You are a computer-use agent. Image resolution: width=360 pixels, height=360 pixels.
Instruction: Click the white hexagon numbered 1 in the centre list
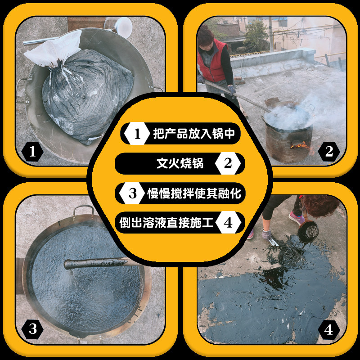coord(137,133)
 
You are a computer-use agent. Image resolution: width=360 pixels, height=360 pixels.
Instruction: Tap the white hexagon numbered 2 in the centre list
coord(228,163)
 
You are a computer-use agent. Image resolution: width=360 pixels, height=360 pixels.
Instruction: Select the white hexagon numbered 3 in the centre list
coord(132,193)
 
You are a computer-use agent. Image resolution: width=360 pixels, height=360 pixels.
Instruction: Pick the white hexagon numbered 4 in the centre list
coord(228,222)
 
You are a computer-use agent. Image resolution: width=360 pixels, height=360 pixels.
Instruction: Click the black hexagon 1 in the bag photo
coord(32,152)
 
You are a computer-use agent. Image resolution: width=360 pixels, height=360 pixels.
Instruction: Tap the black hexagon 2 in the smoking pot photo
coord(329,152)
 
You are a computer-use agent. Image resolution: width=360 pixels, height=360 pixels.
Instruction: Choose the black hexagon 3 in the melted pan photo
coord(32,329)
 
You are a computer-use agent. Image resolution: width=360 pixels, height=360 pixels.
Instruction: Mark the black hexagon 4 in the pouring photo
coord(329,330)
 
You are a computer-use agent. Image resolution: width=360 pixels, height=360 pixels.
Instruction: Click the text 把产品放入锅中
coord(194,133)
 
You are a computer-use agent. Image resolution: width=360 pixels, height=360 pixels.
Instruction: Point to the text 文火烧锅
coord(180,163)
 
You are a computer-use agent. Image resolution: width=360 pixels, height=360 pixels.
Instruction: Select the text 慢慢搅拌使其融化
coord(194,193)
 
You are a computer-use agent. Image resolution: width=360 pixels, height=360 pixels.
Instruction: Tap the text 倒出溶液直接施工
coord(166,222)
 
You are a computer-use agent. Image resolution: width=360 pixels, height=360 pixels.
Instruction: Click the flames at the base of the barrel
coord(301,146)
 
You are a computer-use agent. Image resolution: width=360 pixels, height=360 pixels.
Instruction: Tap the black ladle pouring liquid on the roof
coord(308,231)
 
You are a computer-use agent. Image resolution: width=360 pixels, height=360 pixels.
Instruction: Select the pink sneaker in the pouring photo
coord(297,218)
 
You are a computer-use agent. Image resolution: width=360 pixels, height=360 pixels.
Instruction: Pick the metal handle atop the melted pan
coord(84,210)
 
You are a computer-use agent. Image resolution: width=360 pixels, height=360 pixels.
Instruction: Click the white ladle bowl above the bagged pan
coord(123,27)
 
